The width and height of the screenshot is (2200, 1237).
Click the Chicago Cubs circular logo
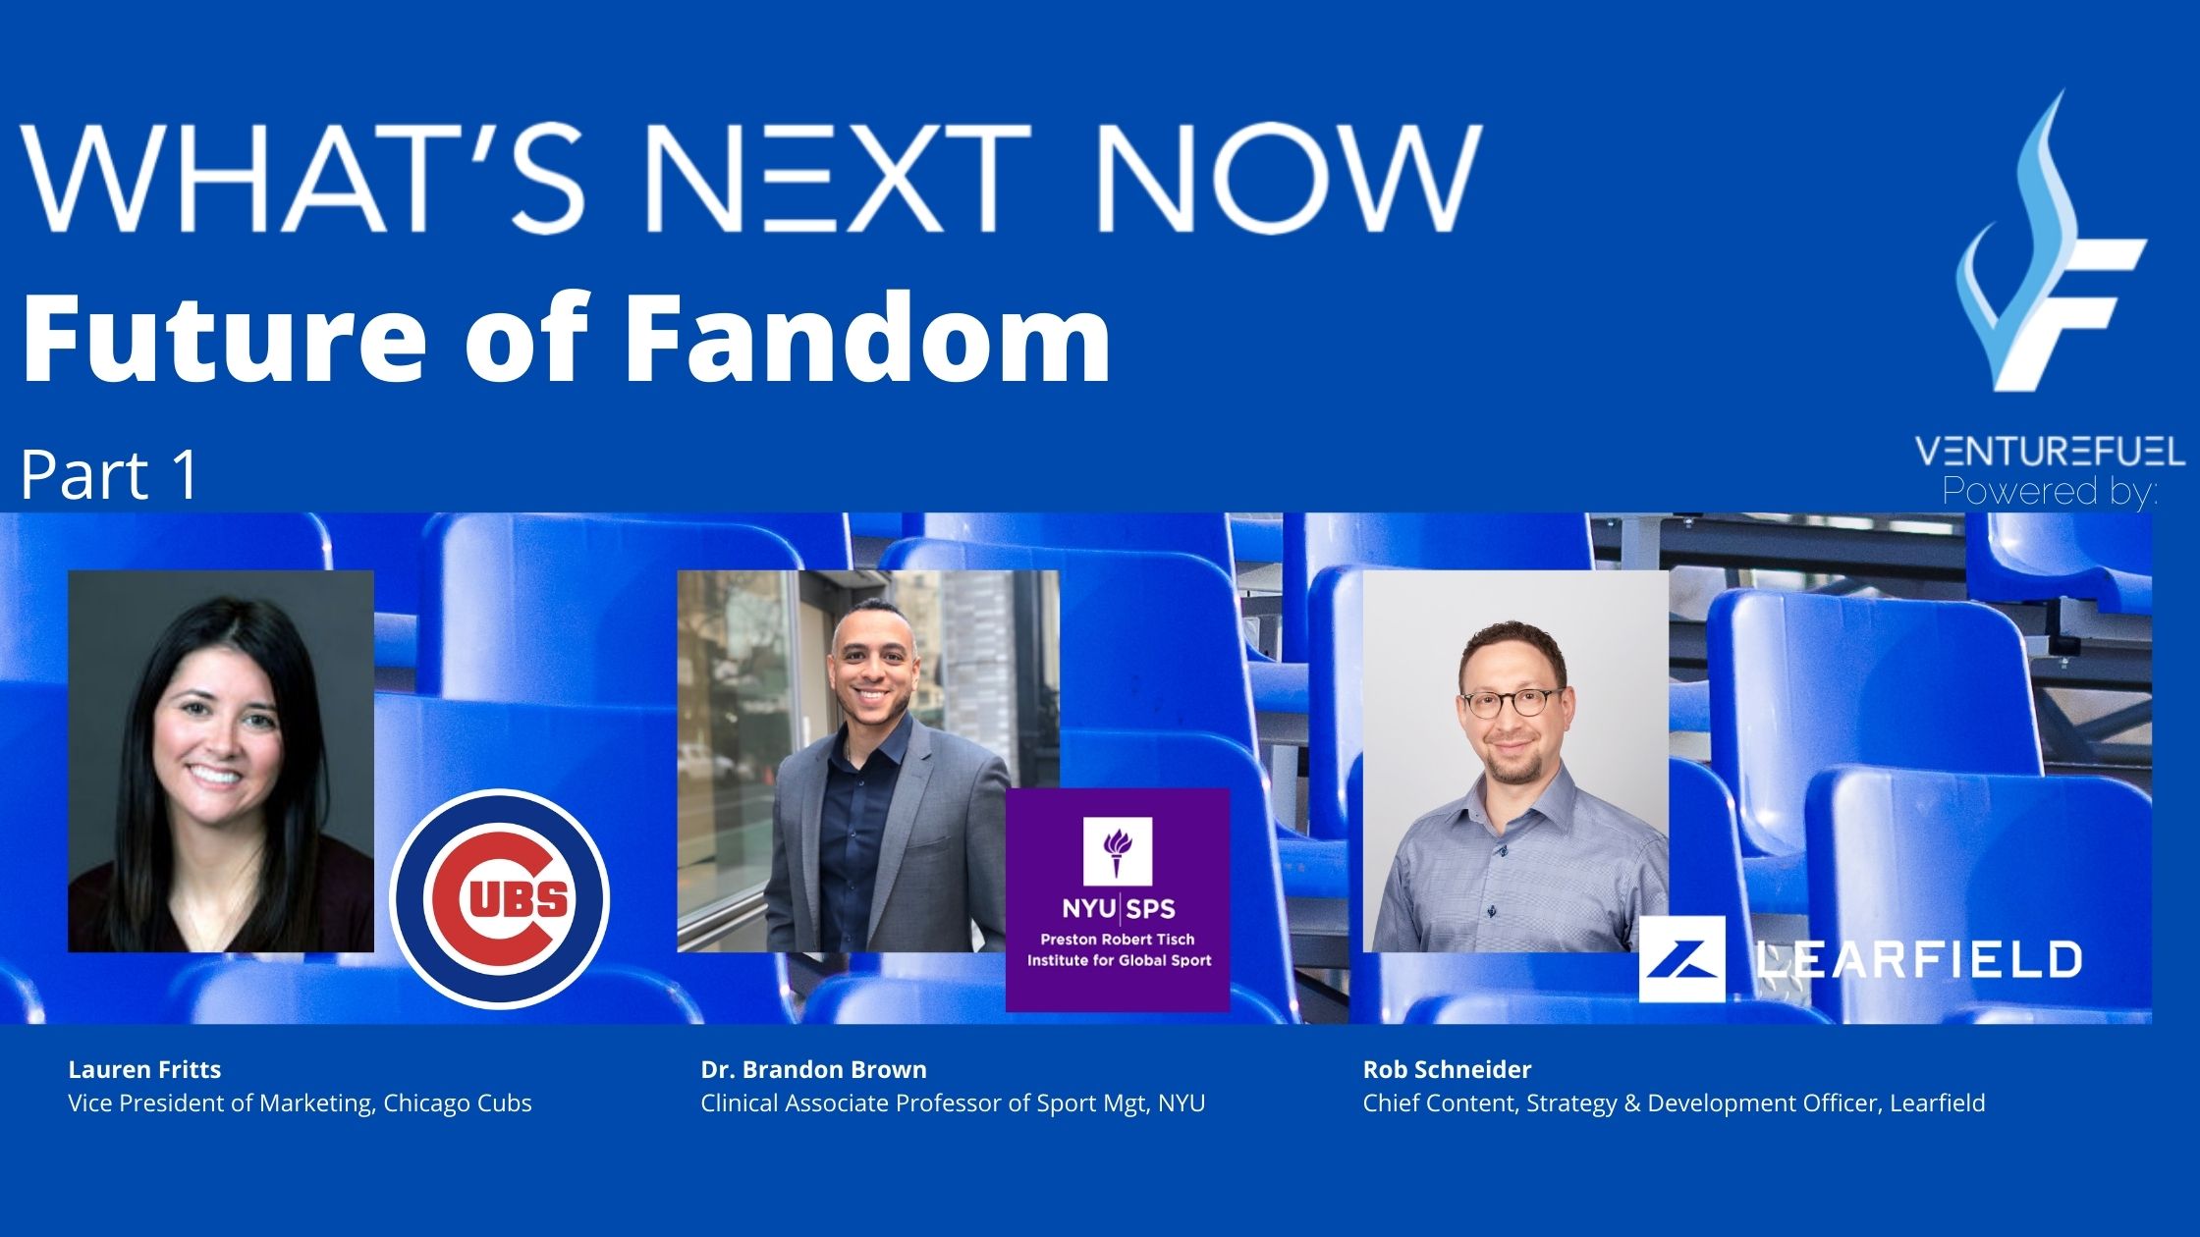[x=500, y=898]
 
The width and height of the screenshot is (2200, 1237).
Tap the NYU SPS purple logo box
[x=1118, y=899]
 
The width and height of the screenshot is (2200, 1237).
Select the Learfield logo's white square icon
[x=1681, y=959]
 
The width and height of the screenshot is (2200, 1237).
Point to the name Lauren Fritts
[x=144, y=1069]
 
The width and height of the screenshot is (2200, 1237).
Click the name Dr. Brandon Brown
[x=813, y=1069]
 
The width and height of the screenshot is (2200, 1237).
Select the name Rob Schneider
[x=1447, y=1069]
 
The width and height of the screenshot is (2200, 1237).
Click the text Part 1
[x=109, y=476]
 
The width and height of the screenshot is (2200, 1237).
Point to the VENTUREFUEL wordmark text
[x=2050, y=452]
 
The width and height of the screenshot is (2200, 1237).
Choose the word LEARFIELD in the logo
[x=1917, y=959]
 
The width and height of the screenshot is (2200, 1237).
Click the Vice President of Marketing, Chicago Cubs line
[x=300, y=1103]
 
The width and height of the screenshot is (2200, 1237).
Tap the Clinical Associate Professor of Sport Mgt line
[x=953, y=1103]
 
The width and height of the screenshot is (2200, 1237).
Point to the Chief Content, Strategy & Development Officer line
[x=1674, y=1103]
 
